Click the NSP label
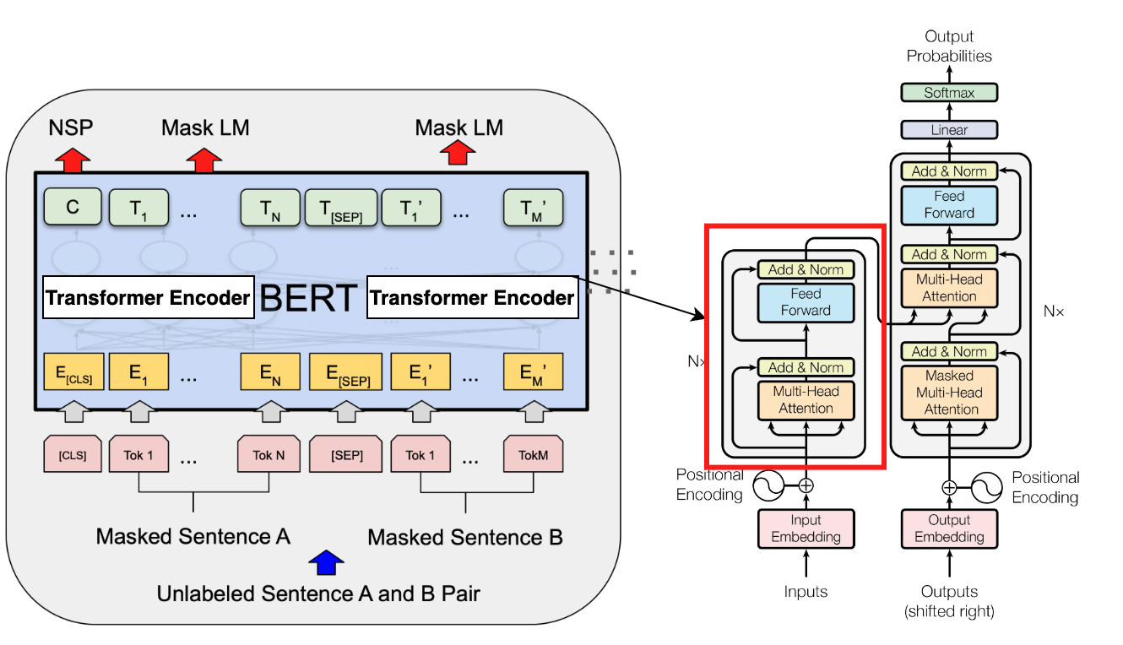point(71,127)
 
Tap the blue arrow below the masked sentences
point(327,561)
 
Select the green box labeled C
point(73,208)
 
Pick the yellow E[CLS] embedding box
point(73,371)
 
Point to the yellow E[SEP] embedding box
point(344,372)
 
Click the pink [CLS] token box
point(73,454)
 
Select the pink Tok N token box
point(269,454)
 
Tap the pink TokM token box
point(533,454)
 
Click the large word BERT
point(310,299)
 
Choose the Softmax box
point(949,93)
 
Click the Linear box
point(949,130)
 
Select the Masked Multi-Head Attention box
point(949,393)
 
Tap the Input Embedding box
point(806,528)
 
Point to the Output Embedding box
point(949,528)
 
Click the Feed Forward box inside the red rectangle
point(806,302)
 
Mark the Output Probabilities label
point(949,46)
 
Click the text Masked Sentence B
point(465,537)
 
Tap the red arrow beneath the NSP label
point(73,158)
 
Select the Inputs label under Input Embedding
point(806,592)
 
